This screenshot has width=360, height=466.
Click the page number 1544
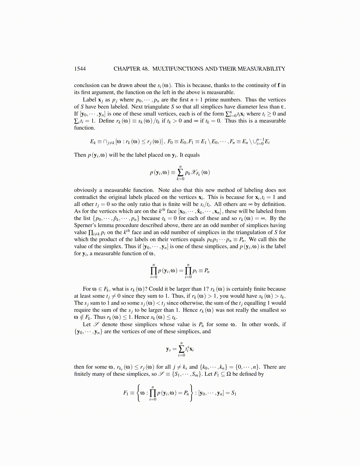[80, 69]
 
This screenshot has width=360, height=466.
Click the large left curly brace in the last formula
[138, 393]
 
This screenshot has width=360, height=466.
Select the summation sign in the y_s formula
[182, 349]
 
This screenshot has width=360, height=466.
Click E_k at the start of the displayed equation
[93, 142]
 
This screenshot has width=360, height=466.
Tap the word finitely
[83, 374]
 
